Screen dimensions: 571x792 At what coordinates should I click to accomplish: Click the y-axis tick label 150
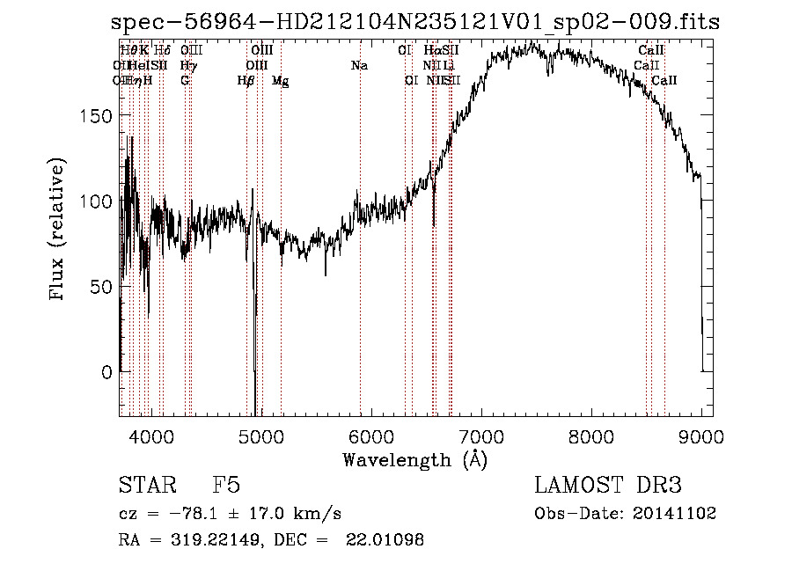pyautogui.click(x=99, y=116)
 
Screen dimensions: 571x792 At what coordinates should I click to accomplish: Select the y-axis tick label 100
pyautogui.click(x=99, y=201)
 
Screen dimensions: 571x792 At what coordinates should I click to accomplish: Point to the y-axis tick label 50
pyautogui.click(x=103, y=287)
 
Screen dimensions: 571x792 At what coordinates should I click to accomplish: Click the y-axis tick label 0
pyautogui.click(x=107, y=372)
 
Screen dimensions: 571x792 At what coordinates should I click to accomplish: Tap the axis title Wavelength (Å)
pyautogui.click(x=414, y=459)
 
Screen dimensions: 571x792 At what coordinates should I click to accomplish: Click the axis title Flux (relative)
pyautogui.click(x=59, y=231)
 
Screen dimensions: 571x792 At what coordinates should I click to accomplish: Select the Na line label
pyautogui.click(x=359, y=65)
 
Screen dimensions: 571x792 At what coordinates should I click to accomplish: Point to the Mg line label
pyautogui.click(x=280, y=81)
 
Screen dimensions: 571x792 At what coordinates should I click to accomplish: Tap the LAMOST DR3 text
pyautogui.click(x=608, y=486)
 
